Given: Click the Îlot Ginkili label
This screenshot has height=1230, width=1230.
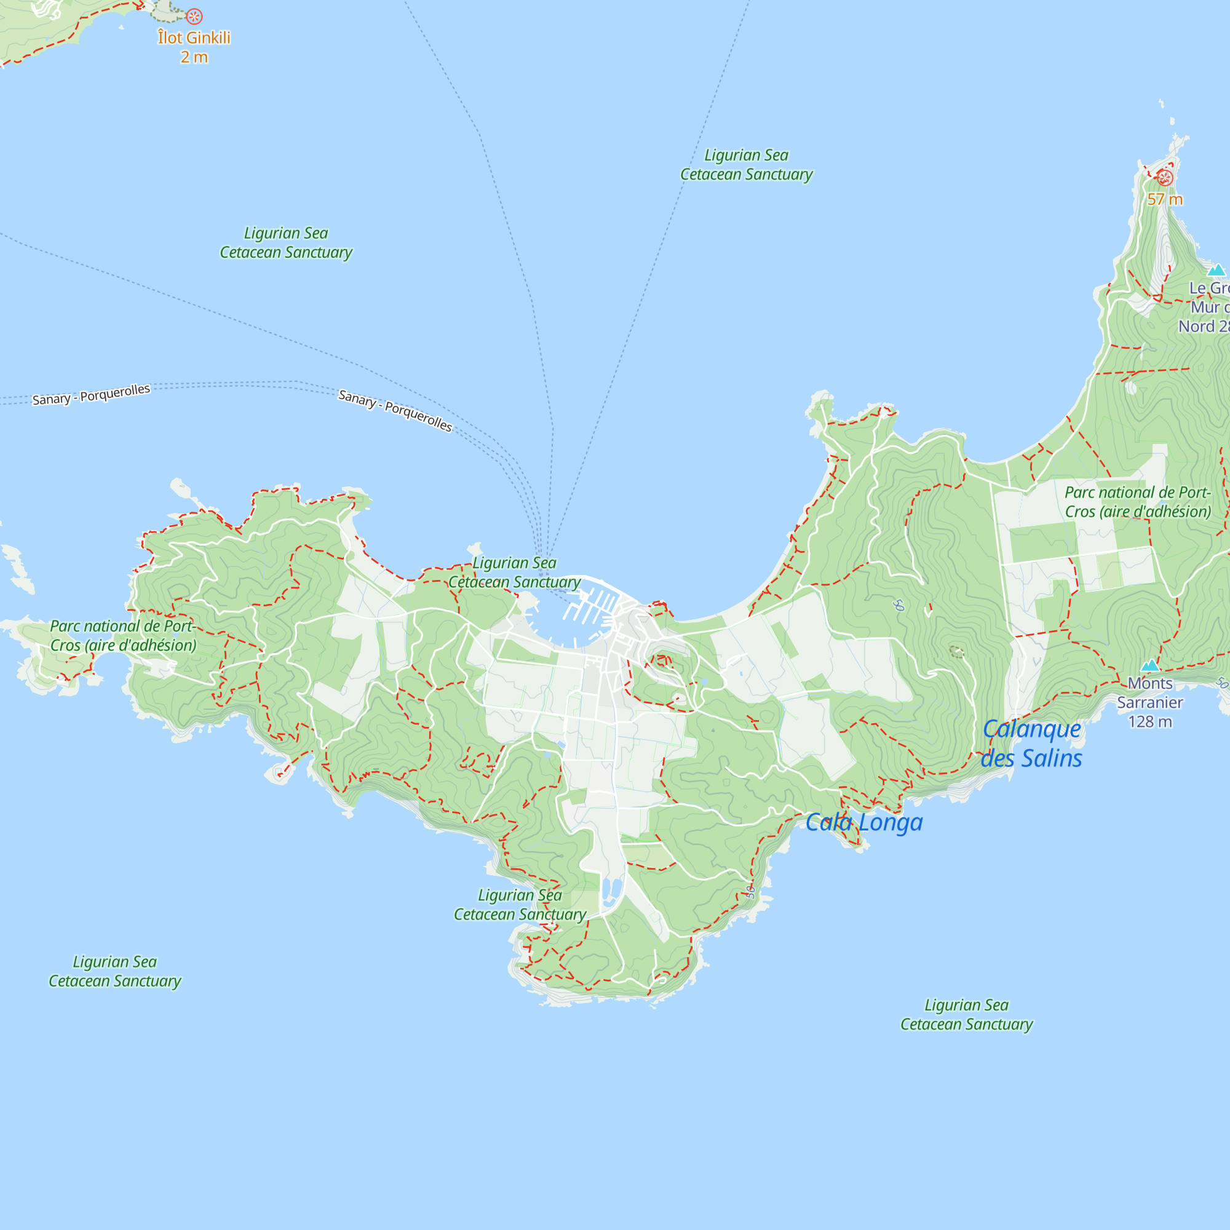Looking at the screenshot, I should [x=194, y=47].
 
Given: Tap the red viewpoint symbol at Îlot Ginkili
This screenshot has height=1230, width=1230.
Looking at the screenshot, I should [x=194, y=17].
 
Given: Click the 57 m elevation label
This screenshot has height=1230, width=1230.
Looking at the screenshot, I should [x=1164, y=199].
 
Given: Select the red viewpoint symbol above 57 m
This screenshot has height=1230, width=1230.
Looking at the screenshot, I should [x=1164, y=178].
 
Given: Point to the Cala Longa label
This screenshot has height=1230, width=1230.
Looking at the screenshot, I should [x=863, y=822].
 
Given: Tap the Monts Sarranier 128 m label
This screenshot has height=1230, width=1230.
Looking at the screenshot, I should [x=1150, y=702].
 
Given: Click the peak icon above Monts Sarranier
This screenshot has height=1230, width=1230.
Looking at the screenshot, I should [x=1150, y=666].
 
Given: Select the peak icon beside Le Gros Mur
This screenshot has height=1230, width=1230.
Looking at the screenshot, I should [x=1216, y=270].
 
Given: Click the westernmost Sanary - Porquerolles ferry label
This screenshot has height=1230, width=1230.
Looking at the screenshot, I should [x=91, y=394].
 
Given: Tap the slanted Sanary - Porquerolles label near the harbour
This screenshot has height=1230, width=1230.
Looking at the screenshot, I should [x=395, y=411].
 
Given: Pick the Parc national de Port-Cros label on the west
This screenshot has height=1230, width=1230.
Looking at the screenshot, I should [x=123, y=635].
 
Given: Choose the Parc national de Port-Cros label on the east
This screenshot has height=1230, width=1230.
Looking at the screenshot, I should [x=1138, y=502].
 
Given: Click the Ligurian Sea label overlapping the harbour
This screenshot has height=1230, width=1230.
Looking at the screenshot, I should [x=514, y=573].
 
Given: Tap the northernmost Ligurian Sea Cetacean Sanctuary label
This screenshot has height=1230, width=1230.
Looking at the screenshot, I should [x=746, y=165].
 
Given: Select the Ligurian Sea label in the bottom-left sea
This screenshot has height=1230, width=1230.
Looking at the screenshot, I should [x=114, y=971].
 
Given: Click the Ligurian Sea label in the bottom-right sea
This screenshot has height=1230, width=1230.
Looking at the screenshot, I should [x=966, y=1014].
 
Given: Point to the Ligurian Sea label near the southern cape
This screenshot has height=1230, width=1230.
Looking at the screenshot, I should [x=520, y=905].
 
